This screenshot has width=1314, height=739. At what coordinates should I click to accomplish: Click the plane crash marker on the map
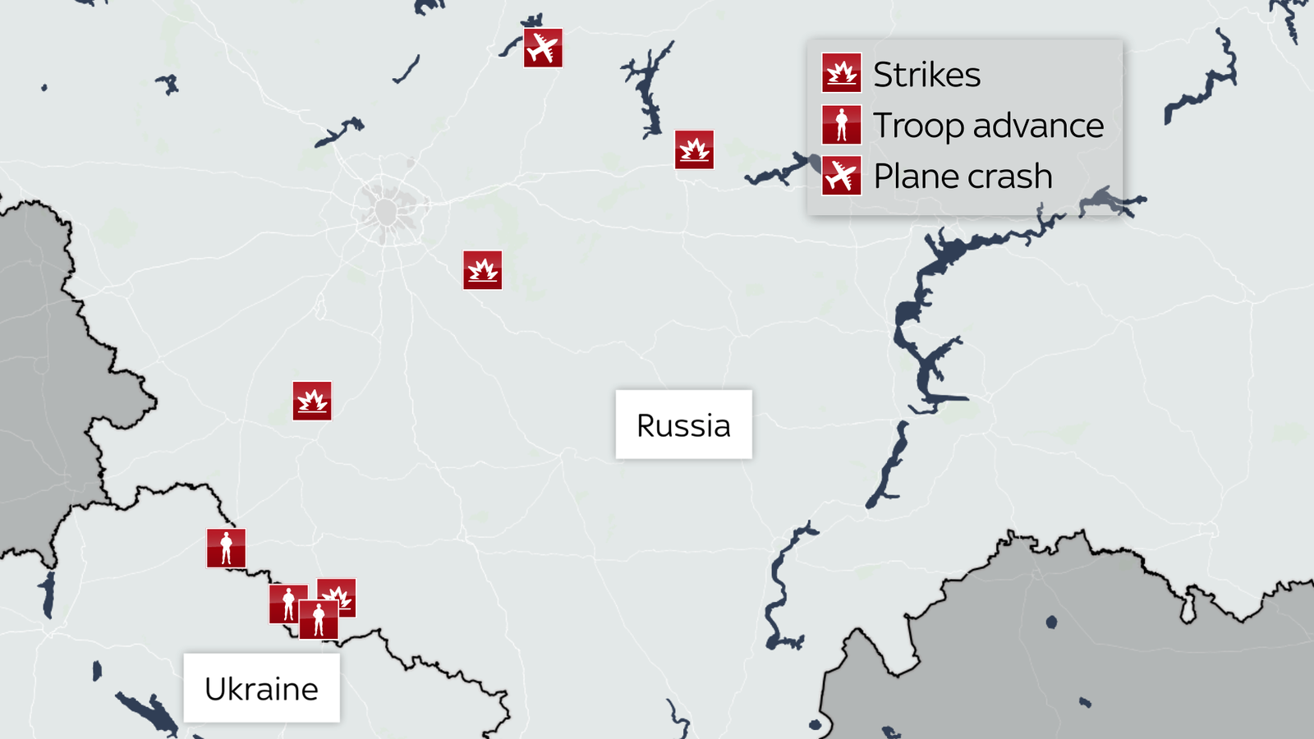pyautogui.click(x=543, y=48)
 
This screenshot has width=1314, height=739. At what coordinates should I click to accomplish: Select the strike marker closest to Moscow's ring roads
pyautogui.click(x=482, y=270)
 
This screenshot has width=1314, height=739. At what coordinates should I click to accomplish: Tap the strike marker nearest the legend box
pyautogui.click(x=694, y=149)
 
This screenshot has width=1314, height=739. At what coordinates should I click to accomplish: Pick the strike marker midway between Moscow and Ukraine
pyautogui.click(x=312, y=401)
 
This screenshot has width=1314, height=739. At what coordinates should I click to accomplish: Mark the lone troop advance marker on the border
pyautogui.click(x=226, y=549)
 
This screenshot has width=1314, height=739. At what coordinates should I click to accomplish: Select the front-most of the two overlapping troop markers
pyautogui.click(x=319, y=619)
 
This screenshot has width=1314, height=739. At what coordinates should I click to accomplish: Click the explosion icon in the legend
pyautogui.click(x=841, y=73)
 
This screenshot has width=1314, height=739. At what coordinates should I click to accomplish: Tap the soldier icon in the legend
pyautogui.click(x=841, y=125)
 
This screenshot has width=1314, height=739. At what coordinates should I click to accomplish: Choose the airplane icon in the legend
pyautogui.click(x=841, y=176)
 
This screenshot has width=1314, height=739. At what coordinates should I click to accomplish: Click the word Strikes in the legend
pyautogui.click(x=926, y=75)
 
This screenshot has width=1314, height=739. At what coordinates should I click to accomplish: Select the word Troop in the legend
pyautogui.click(x=918, y=126)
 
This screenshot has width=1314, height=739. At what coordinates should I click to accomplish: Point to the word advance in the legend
pyautogui.click(x=1038, y=126)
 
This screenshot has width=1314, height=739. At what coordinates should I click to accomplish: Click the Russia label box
pyautogui.click(x=683, y=425)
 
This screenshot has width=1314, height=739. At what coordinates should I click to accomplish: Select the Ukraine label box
pyautogui.click(x=261, y=688)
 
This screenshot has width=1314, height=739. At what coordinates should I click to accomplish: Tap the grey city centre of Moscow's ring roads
pyautogui.click(x=387, y=212)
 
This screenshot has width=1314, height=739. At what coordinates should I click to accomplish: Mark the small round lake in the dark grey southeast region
pyautogui.click(x=1051, y=622)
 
